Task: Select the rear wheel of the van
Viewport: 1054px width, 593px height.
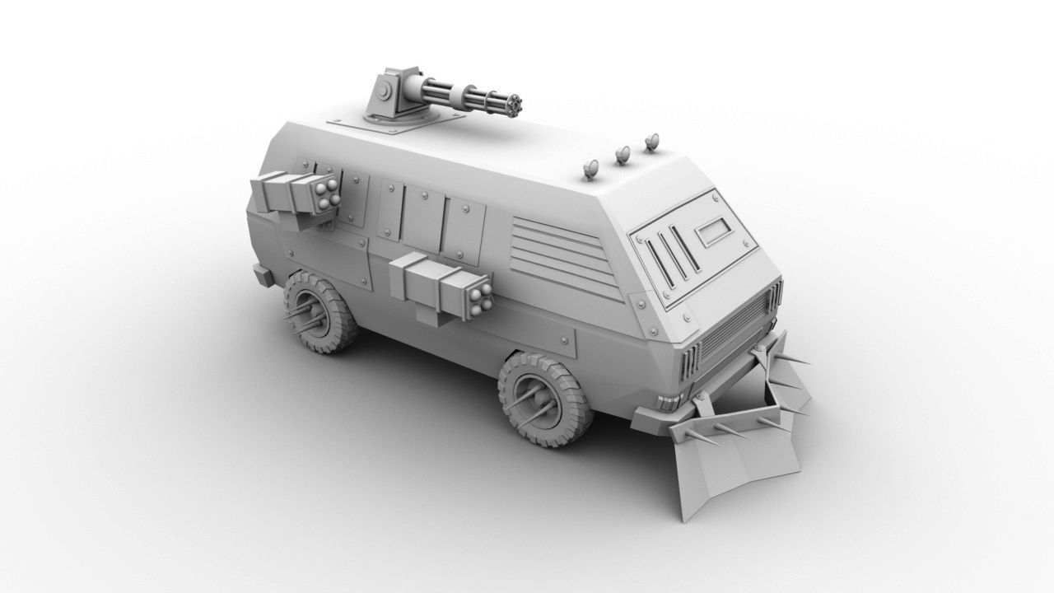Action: tap(319, 312)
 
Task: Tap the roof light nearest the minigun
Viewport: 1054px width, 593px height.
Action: tap(590, 171)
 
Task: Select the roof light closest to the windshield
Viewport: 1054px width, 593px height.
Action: tap(652, 142)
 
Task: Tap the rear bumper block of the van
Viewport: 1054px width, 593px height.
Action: tap(262, 276)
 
